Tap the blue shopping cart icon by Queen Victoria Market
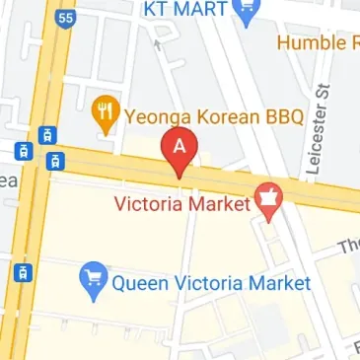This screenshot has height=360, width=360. tap(95, 282)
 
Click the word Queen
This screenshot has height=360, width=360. tap(140, 284)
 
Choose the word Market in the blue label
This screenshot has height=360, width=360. tap(276, 284)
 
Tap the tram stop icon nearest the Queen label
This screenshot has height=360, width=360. tap(21, 271)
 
